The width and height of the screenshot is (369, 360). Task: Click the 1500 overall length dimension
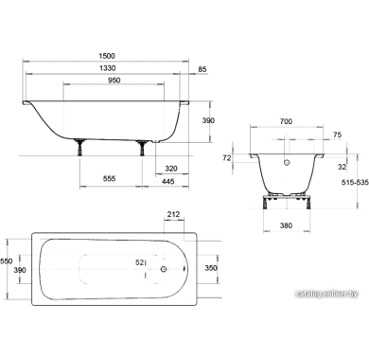pyautogui.click(x=107, y=56)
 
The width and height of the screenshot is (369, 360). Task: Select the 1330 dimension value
pyautogui.click(x=107, y=68)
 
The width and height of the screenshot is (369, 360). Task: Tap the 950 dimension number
pyautogui.click(x=114, y=81)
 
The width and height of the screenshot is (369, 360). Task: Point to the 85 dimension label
pyautogui.click(x=202, y=69)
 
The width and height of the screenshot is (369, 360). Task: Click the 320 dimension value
pyautogui.click(x=171, y=169)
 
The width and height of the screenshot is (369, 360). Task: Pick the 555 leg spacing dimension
pyautogui.click(x=110, y=179)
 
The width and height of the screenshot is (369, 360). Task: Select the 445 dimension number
pyautogui.click(x=167, y=181)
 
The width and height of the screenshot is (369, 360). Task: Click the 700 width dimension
pyautogui.click(x=286, y=121)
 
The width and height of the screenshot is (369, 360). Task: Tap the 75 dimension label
pyautogui.click(x=337, y=135)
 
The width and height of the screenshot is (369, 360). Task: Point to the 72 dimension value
pyautogui.click(x=227, y=158)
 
